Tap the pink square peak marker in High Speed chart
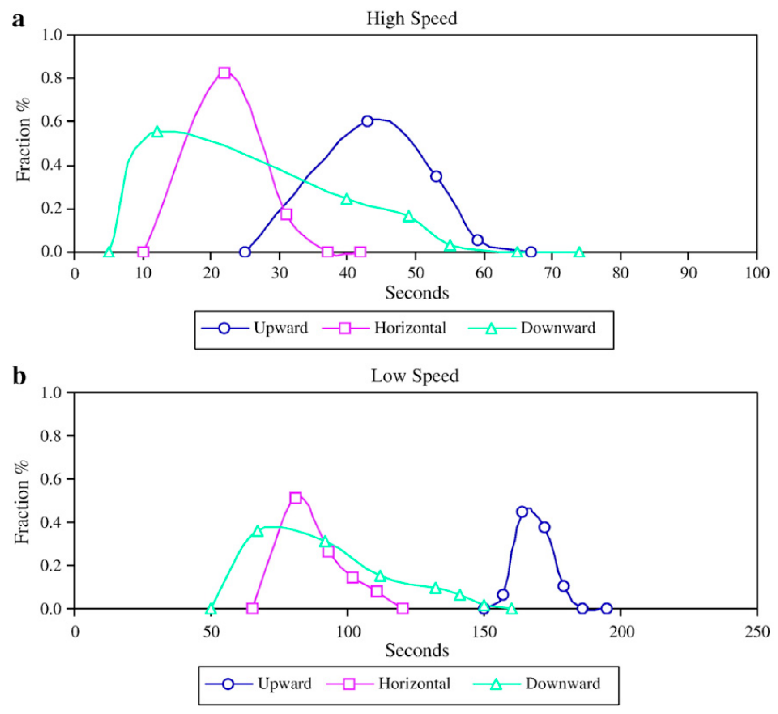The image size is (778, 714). coord(224,73)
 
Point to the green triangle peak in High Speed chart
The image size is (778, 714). coord(157,132)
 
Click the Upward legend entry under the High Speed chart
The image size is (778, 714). coord(281,328)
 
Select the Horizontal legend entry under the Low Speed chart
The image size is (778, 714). coord(414,684)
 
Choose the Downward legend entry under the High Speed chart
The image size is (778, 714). coord(558,328)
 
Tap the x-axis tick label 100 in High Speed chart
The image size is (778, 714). coord(756,273)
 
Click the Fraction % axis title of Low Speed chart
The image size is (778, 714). coord(22,501)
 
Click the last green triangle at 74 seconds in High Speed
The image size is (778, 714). coord(579,253)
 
